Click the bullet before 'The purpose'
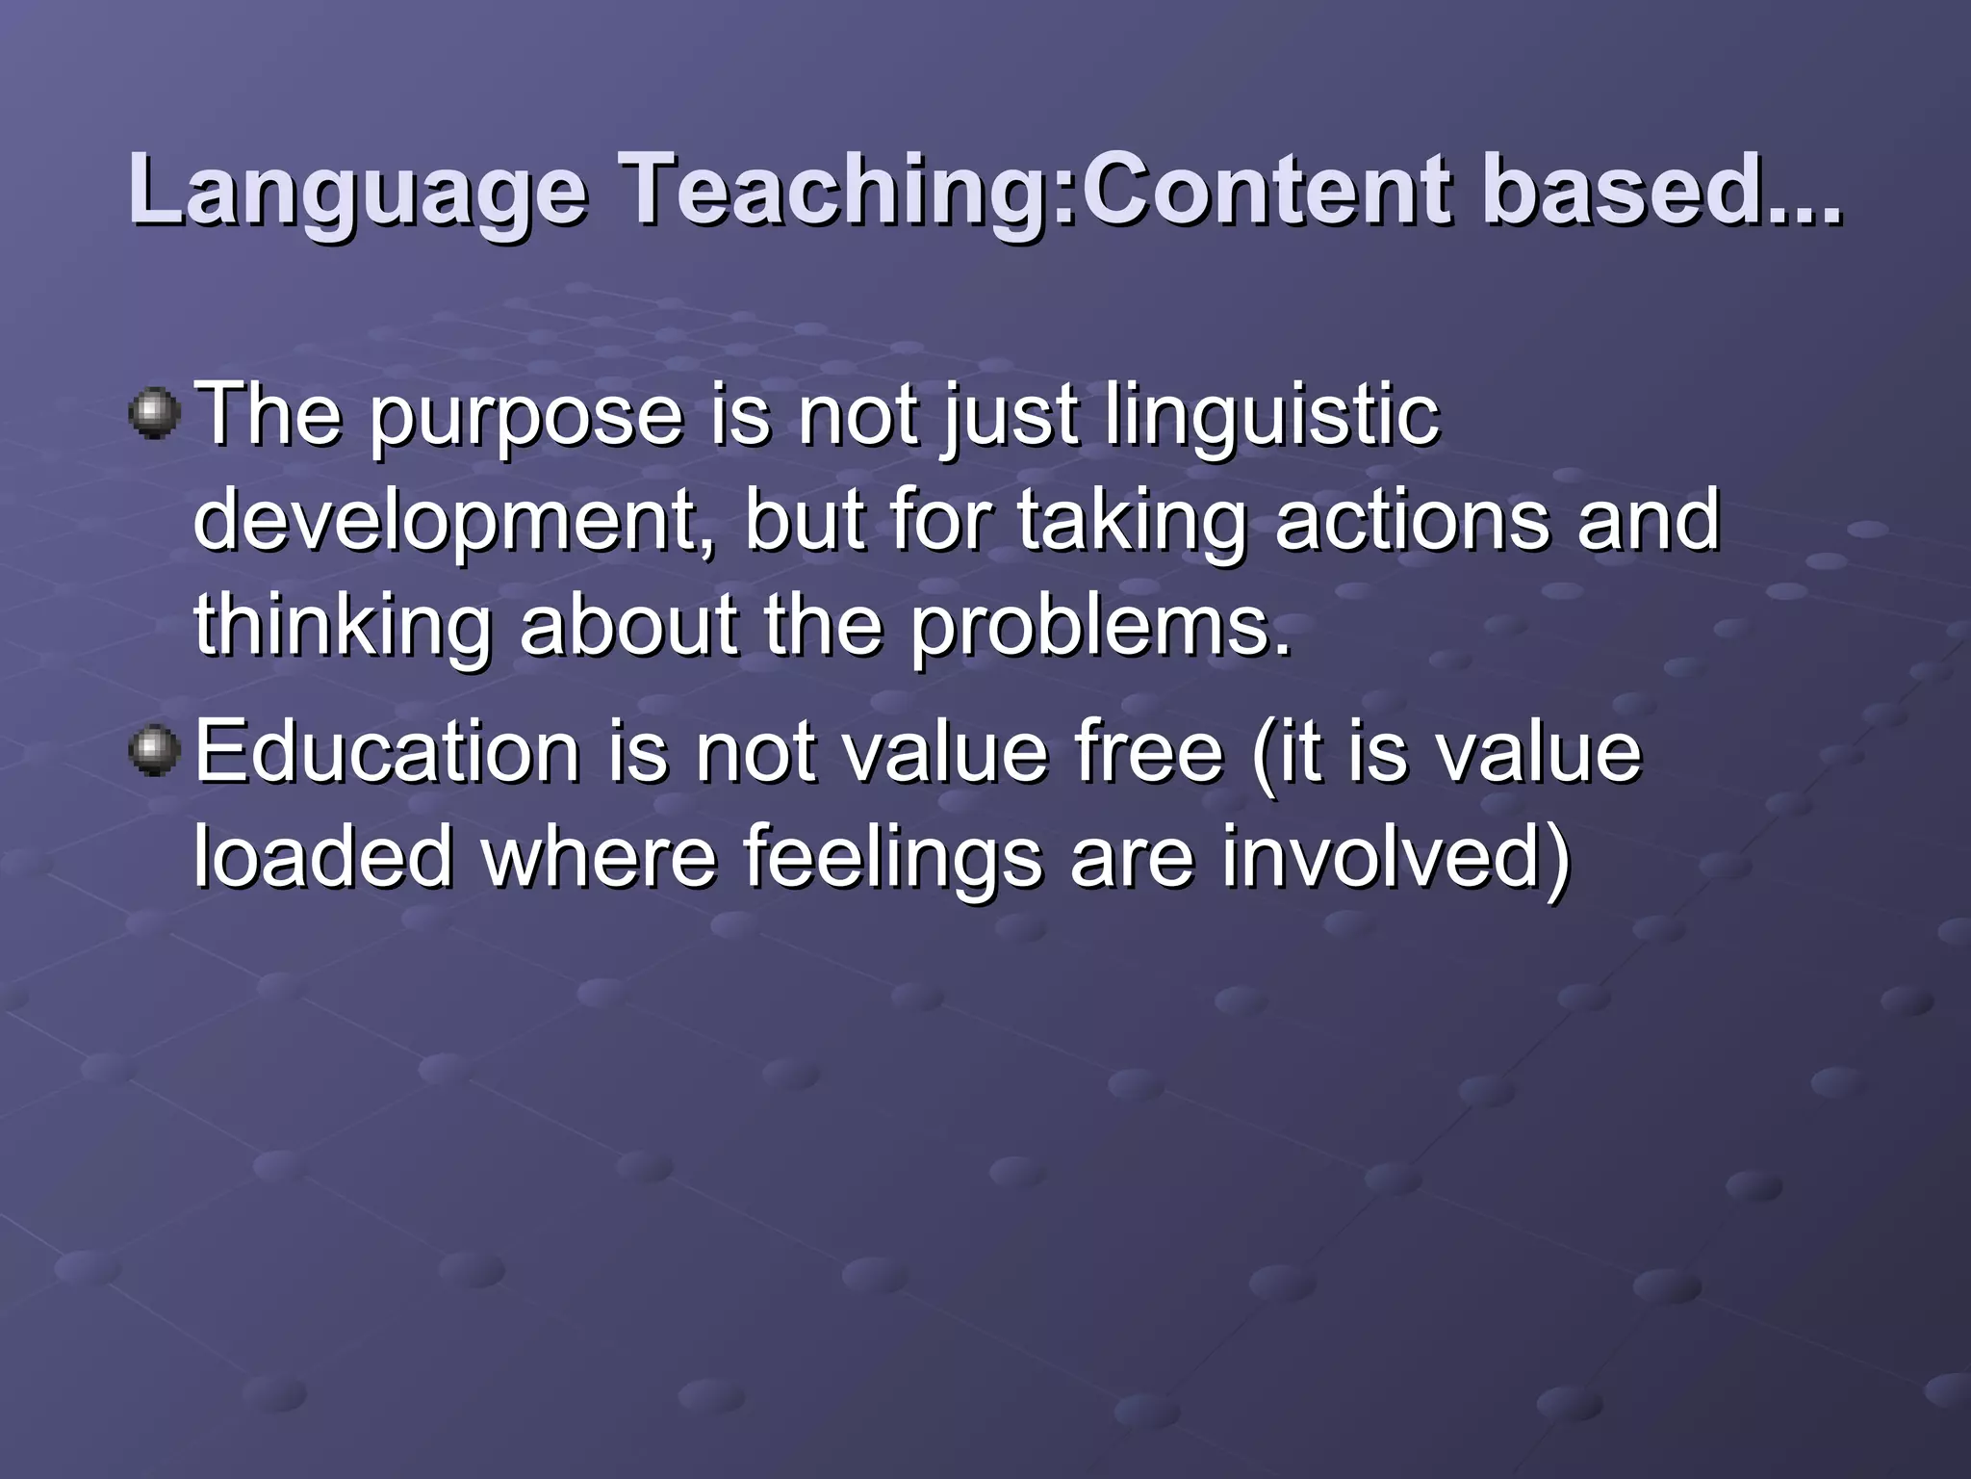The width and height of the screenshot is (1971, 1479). (154, 415)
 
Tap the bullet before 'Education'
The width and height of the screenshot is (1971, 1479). (154, 752)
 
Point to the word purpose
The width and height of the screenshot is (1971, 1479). (525, 419)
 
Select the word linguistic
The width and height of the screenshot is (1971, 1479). (1270, 419)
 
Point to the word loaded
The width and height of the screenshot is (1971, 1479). (322, 857)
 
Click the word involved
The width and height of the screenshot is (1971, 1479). (1395, 857)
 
